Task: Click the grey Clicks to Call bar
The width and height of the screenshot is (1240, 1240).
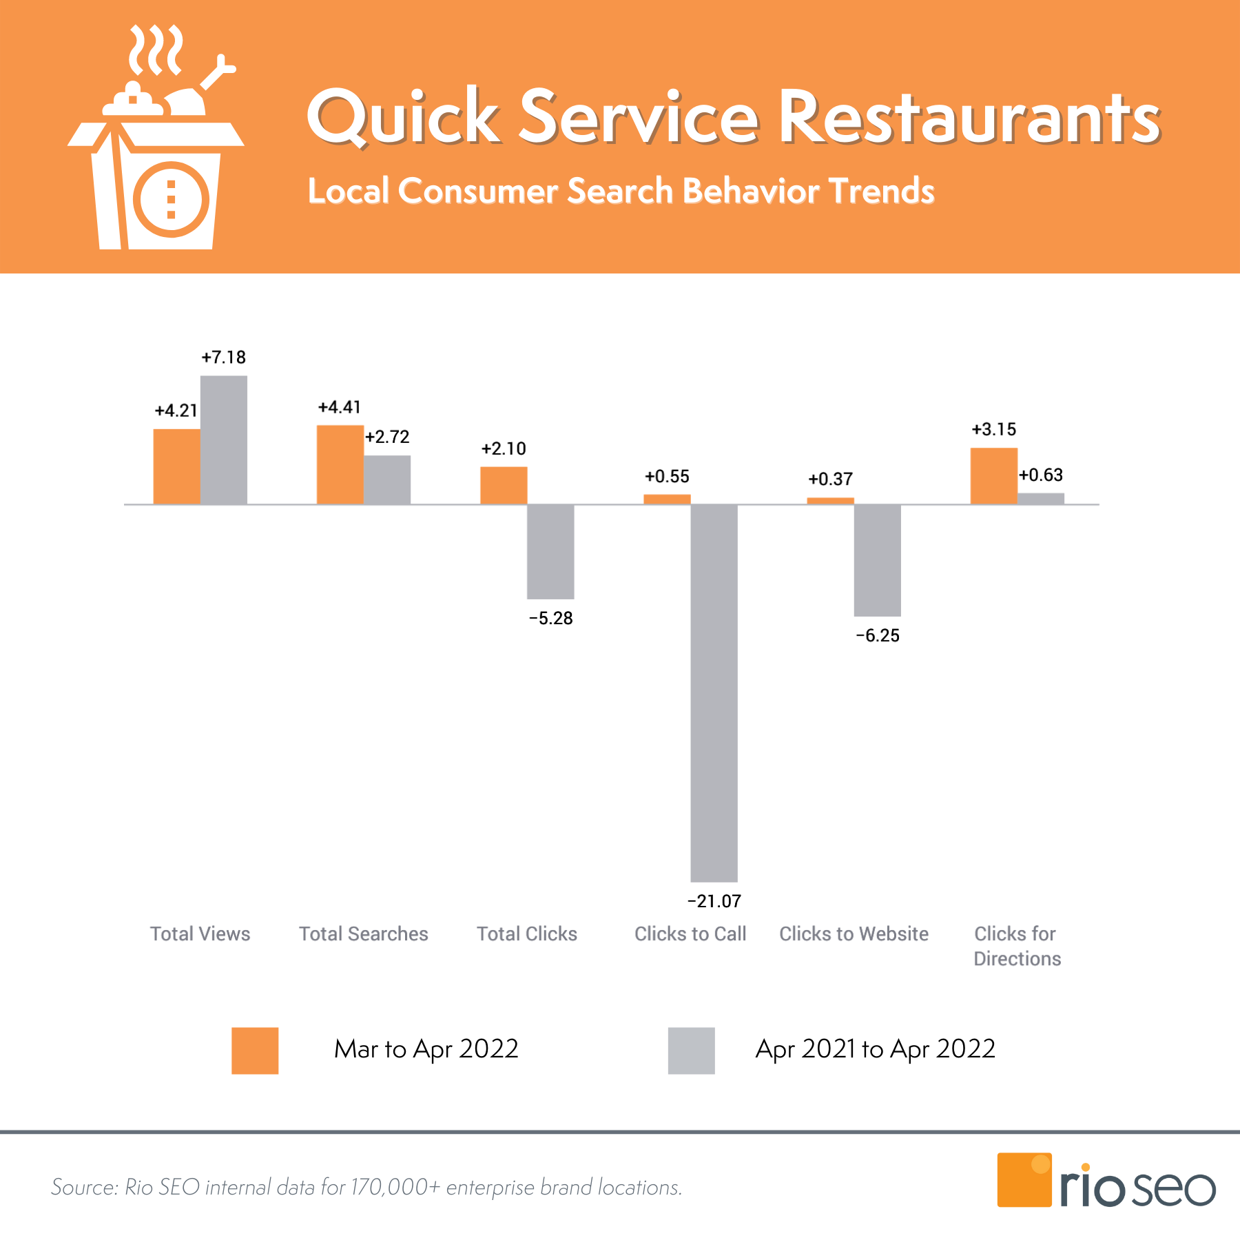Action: [714, 692]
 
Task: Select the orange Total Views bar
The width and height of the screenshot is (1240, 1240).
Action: [176, 466]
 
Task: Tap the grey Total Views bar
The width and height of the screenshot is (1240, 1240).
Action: [224, 440]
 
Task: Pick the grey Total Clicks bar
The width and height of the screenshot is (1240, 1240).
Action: [550, 551]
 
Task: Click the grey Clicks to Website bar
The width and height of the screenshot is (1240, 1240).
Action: [877, 559]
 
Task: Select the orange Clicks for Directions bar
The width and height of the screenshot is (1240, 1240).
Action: [993, 475]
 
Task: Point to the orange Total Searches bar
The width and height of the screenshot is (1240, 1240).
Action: [340, 464]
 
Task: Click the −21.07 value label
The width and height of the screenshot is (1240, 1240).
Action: [714, 901]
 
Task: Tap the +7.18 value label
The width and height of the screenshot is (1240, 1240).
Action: [223, 357]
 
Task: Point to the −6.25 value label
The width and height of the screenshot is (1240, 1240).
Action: [877, 635]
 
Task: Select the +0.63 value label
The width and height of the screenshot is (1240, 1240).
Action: [1040, 475]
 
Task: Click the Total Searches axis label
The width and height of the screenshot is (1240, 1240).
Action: [363, 933]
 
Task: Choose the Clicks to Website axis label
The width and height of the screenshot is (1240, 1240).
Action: [854, 933]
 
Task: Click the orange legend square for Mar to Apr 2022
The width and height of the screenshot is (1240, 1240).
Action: [255, 1051]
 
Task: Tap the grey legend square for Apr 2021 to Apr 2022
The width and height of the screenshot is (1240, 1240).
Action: [691, 1051]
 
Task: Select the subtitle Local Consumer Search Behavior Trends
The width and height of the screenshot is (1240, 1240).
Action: [620, 191]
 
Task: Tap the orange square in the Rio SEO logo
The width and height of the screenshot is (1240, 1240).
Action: [1024, 1179]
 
